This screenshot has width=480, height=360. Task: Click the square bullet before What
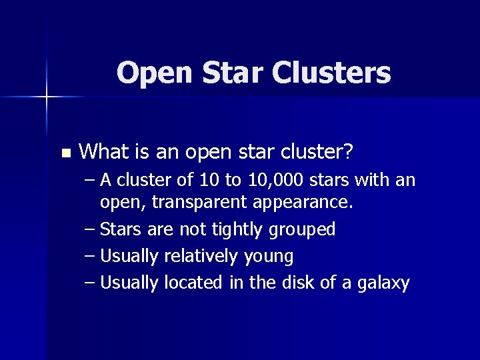click(x=65, y=153)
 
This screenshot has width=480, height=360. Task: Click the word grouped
click(x=302, y=229)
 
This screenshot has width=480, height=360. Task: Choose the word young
click(x=268, y=257)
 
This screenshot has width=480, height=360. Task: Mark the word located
click(x=192, y=283)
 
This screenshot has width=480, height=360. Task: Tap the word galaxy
click(x=383, y=283)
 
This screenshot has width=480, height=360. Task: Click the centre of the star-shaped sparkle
click(x=47, y=97)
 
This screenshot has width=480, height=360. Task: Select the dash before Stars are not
click(x=89, y=229)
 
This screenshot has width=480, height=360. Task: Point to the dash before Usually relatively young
click(x=89, y=256)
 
